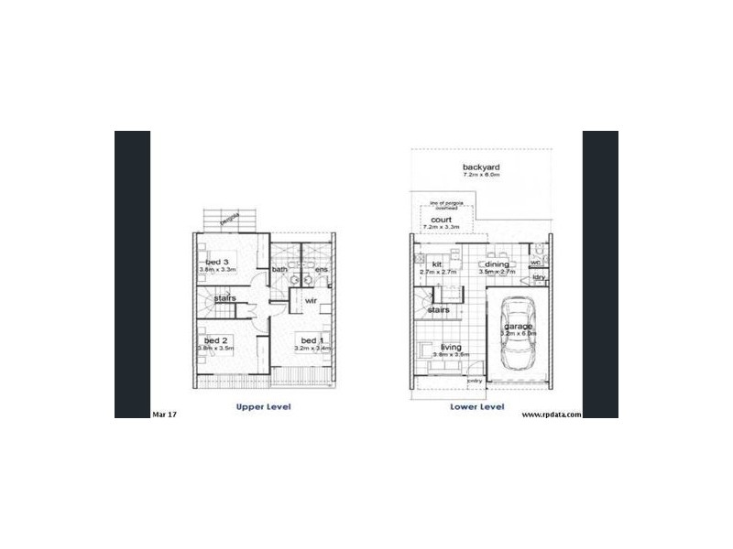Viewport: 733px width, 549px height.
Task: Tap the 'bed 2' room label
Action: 216,339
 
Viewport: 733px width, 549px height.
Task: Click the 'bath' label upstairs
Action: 279,270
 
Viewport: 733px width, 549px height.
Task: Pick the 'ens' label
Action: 321,270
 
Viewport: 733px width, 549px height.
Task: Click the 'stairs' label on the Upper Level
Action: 226,298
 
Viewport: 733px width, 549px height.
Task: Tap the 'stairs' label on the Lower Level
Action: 439,310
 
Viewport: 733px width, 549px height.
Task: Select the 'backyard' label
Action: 481,167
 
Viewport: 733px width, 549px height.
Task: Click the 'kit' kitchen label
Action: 425,264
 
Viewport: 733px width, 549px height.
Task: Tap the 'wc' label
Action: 536,263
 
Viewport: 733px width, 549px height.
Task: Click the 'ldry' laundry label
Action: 539,276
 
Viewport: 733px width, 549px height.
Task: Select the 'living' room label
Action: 451,347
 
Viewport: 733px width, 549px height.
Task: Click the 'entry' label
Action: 475,380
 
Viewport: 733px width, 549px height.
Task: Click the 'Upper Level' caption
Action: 263,406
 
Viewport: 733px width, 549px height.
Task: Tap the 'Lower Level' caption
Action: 477,406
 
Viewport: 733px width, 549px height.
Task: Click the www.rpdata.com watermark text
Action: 552,414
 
